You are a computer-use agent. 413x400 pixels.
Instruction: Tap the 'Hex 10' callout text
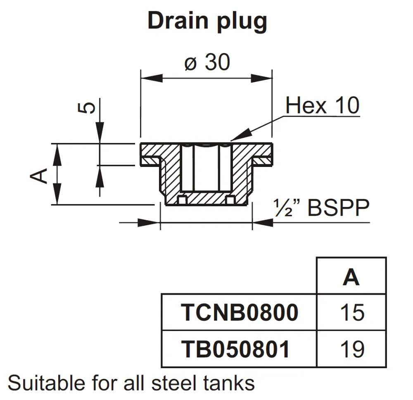322,106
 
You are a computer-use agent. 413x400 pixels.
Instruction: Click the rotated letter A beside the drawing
39,176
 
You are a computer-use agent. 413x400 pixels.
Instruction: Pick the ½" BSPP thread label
321,209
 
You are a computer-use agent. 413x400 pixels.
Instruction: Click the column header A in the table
351,277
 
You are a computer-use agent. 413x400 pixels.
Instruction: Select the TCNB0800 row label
240,313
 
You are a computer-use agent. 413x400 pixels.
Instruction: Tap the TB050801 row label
235,349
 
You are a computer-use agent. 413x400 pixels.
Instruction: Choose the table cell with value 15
352,313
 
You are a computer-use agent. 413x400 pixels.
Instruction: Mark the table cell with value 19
352,349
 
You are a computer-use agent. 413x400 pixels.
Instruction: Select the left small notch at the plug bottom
182,200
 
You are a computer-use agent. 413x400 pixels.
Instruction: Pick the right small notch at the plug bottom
231,200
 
